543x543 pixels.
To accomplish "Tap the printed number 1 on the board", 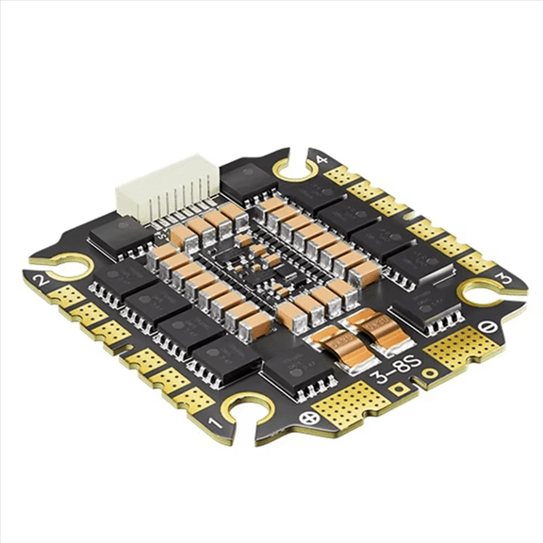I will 213,412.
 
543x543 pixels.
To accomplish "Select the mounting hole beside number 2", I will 60,267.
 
